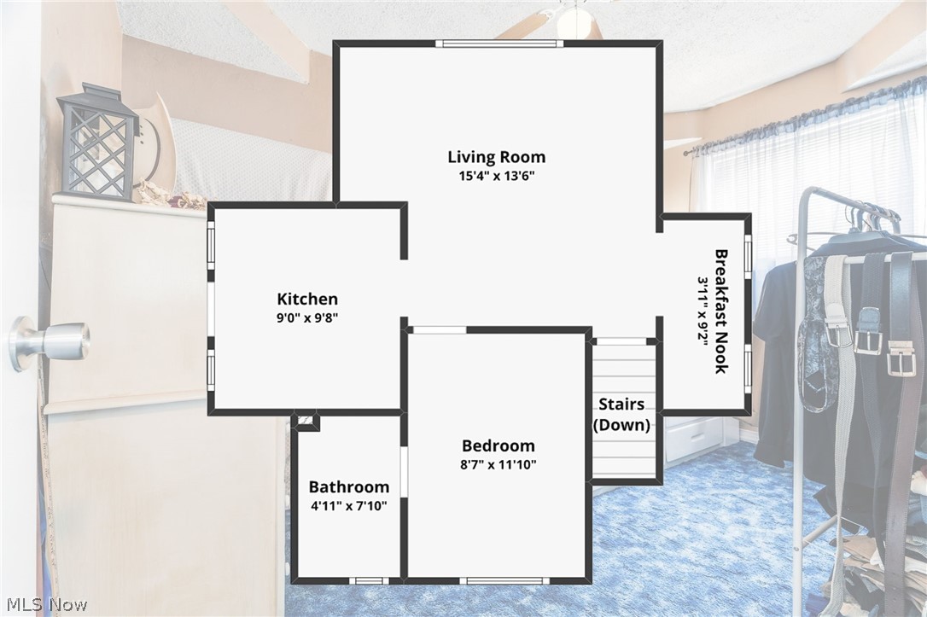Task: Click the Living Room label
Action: pos(496,157)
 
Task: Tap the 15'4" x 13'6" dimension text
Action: pos(496,176)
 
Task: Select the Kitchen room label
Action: pos(307,299)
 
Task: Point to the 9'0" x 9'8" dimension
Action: pos(307,318)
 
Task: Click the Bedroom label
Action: pos(498,445)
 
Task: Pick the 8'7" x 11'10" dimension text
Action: pos(498,464)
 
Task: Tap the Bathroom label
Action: pos(349,487)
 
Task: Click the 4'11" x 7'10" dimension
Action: pos(349,506)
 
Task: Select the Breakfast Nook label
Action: pos(721,311)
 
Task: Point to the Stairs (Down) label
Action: pos(621,414)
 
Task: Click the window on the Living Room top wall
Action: pos(499,44)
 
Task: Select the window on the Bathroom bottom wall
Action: pos(369,580)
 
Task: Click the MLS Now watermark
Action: pos(47,604)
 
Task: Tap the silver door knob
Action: pos(50,342)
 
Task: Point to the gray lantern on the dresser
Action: pos(97,142)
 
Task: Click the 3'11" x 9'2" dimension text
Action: pos(703,312)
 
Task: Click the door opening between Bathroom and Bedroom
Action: pos(405,472)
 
